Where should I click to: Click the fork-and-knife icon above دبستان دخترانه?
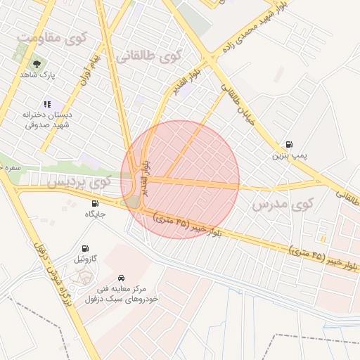tap(47, 103)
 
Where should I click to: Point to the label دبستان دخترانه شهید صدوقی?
tap(47, 119)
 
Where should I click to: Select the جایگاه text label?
tap(95, 214)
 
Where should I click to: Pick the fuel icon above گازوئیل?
tap(85, 248)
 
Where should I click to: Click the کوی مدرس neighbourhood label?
tap(281, 205)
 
